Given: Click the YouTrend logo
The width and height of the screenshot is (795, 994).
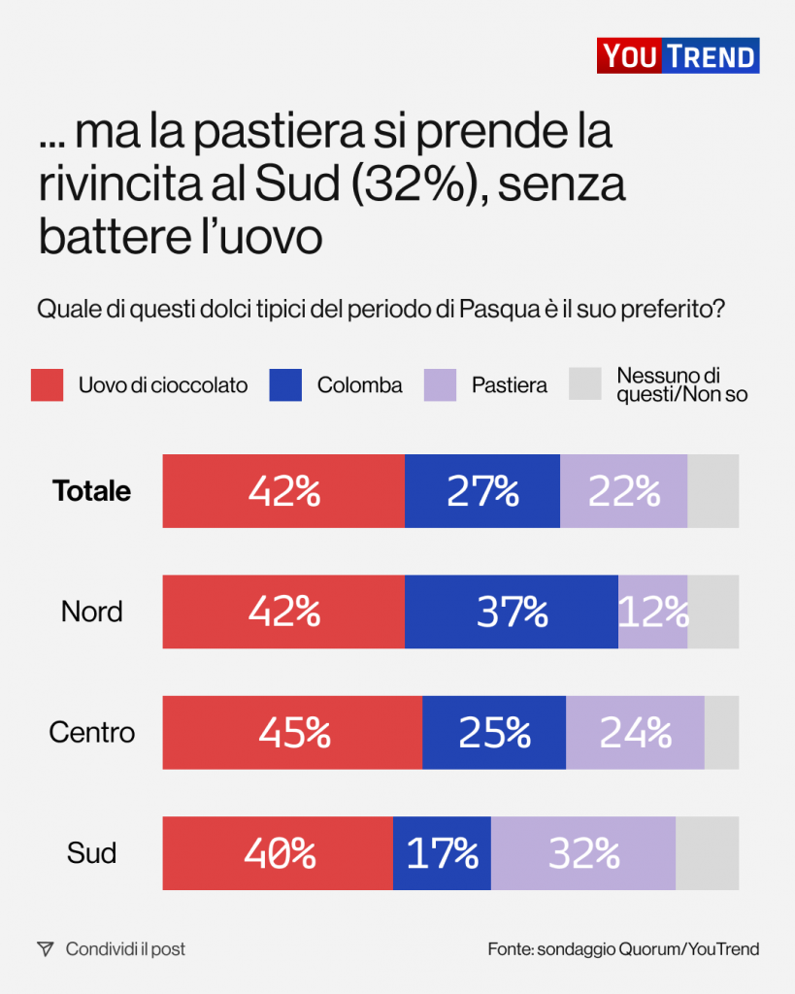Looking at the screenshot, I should pos(678,56).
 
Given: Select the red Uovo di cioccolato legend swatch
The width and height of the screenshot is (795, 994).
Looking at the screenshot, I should pos(47,385).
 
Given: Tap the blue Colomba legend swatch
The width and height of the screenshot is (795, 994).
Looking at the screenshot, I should pos(285,385).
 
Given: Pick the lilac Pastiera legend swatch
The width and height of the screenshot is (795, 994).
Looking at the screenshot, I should pos(440,385).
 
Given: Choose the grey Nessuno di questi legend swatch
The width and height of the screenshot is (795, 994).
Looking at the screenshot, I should pos(584,385).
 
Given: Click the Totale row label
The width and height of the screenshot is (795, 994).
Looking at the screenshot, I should pos(92,491).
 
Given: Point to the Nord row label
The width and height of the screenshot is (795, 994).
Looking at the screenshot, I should pos(92,612).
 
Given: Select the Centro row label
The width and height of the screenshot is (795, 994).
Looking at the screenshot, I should pos(92,732).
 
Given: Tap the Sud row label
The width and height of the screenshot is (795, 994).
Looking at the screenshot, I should pos(92,853).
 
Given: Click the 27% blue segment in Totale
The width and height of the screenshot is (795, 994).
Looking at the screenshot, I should pos(482,491).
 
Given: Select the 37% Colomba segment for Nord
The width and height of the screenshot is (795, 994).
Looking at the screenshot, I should pos(512,612).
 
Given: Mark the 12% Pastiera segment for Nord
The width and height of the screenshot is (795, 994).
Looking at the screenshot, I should pos(653,612).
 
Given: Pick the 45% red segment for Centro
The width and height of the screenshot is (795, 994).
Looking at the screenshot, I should pos(292,732).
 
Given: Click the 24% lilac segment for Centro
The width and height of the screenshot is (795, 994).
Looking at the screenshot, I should pos(635,732).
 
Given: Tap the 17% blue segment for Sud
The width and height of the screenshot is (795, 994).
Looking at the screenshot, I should pos(442,853).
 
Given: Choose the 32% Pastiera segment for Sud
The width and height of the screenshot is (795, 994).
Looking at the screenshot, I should pos(583,853).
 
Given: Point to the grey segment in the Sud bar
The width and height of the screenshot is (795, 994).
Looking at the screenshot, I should pos(707,853).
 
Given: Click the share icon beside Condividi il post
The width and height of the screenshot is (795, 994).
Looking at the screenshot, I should pos(45,949).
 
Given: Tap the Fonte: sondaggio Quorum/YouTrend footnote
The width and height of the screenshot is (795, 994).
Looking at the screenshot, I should pos(623,949).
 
